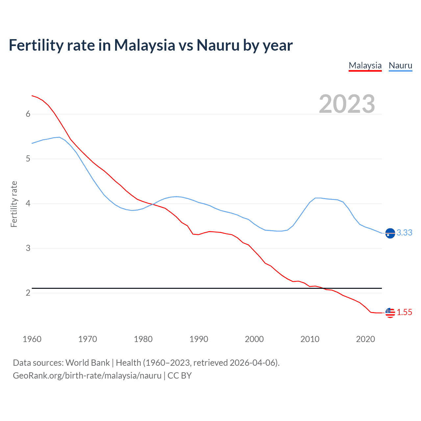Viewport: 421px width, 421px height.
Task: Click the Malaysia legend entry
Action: (x=365, y=65)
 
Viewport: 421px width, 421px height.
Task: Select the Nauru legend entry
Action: (x=400, y=65)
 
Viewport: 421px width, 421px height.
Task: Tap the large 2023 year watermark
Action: (x=347, y=104)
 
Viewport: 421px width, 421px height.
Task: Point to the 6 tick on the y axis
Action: (x=28, y=114)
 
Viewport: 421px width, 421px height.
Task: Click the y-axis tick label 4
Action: (x=28, y=203)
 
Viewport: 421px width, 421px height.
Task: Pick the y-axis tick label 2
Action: (x=28, y=293)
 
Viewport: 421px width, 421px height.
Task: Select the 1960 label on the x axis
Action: (x=32, y=339)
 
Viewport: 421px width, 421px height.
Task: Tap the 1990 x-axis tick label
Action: (x=199, y=339)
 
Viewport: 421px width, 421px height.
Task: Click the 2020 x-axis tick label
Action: (x=365, y=339)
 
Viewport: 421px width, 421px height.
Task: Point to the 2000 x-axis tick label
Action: (x=254, y=339)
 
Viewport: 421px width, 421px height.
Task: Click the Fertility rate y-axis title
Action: (x=14, y=204)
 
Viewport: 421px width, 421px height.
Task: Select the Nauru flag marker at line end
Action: (x=390, y=233)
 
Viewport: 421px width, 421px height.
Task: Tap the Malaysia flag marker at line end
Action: (x=390, y=313)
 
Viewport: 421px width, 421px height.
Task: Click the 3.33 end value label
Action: (x=404, y=233)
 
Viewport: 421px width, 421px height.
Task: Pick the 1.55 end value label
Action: (x=404, y=312)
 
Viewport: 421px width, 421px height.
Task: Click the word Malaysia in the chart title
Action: (x=144, y=45)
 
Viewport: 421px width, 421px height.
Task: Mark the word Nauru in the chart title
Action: (x=218, y=45)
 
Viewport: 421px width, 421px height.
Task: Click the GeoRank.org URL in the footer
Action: (x=87, y=376)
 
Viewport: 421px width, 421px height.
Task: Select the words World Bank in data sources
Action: (x=87, y=363)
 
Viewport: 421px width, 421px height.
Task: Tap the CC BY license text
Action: (x=180, y=376)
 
